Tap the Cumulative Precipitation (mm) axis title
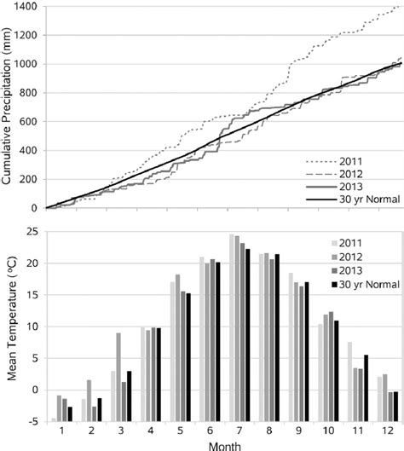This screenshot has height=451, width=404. pos(8,107)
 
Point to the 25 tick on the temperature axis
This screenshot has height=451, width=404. pos(34,231)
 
